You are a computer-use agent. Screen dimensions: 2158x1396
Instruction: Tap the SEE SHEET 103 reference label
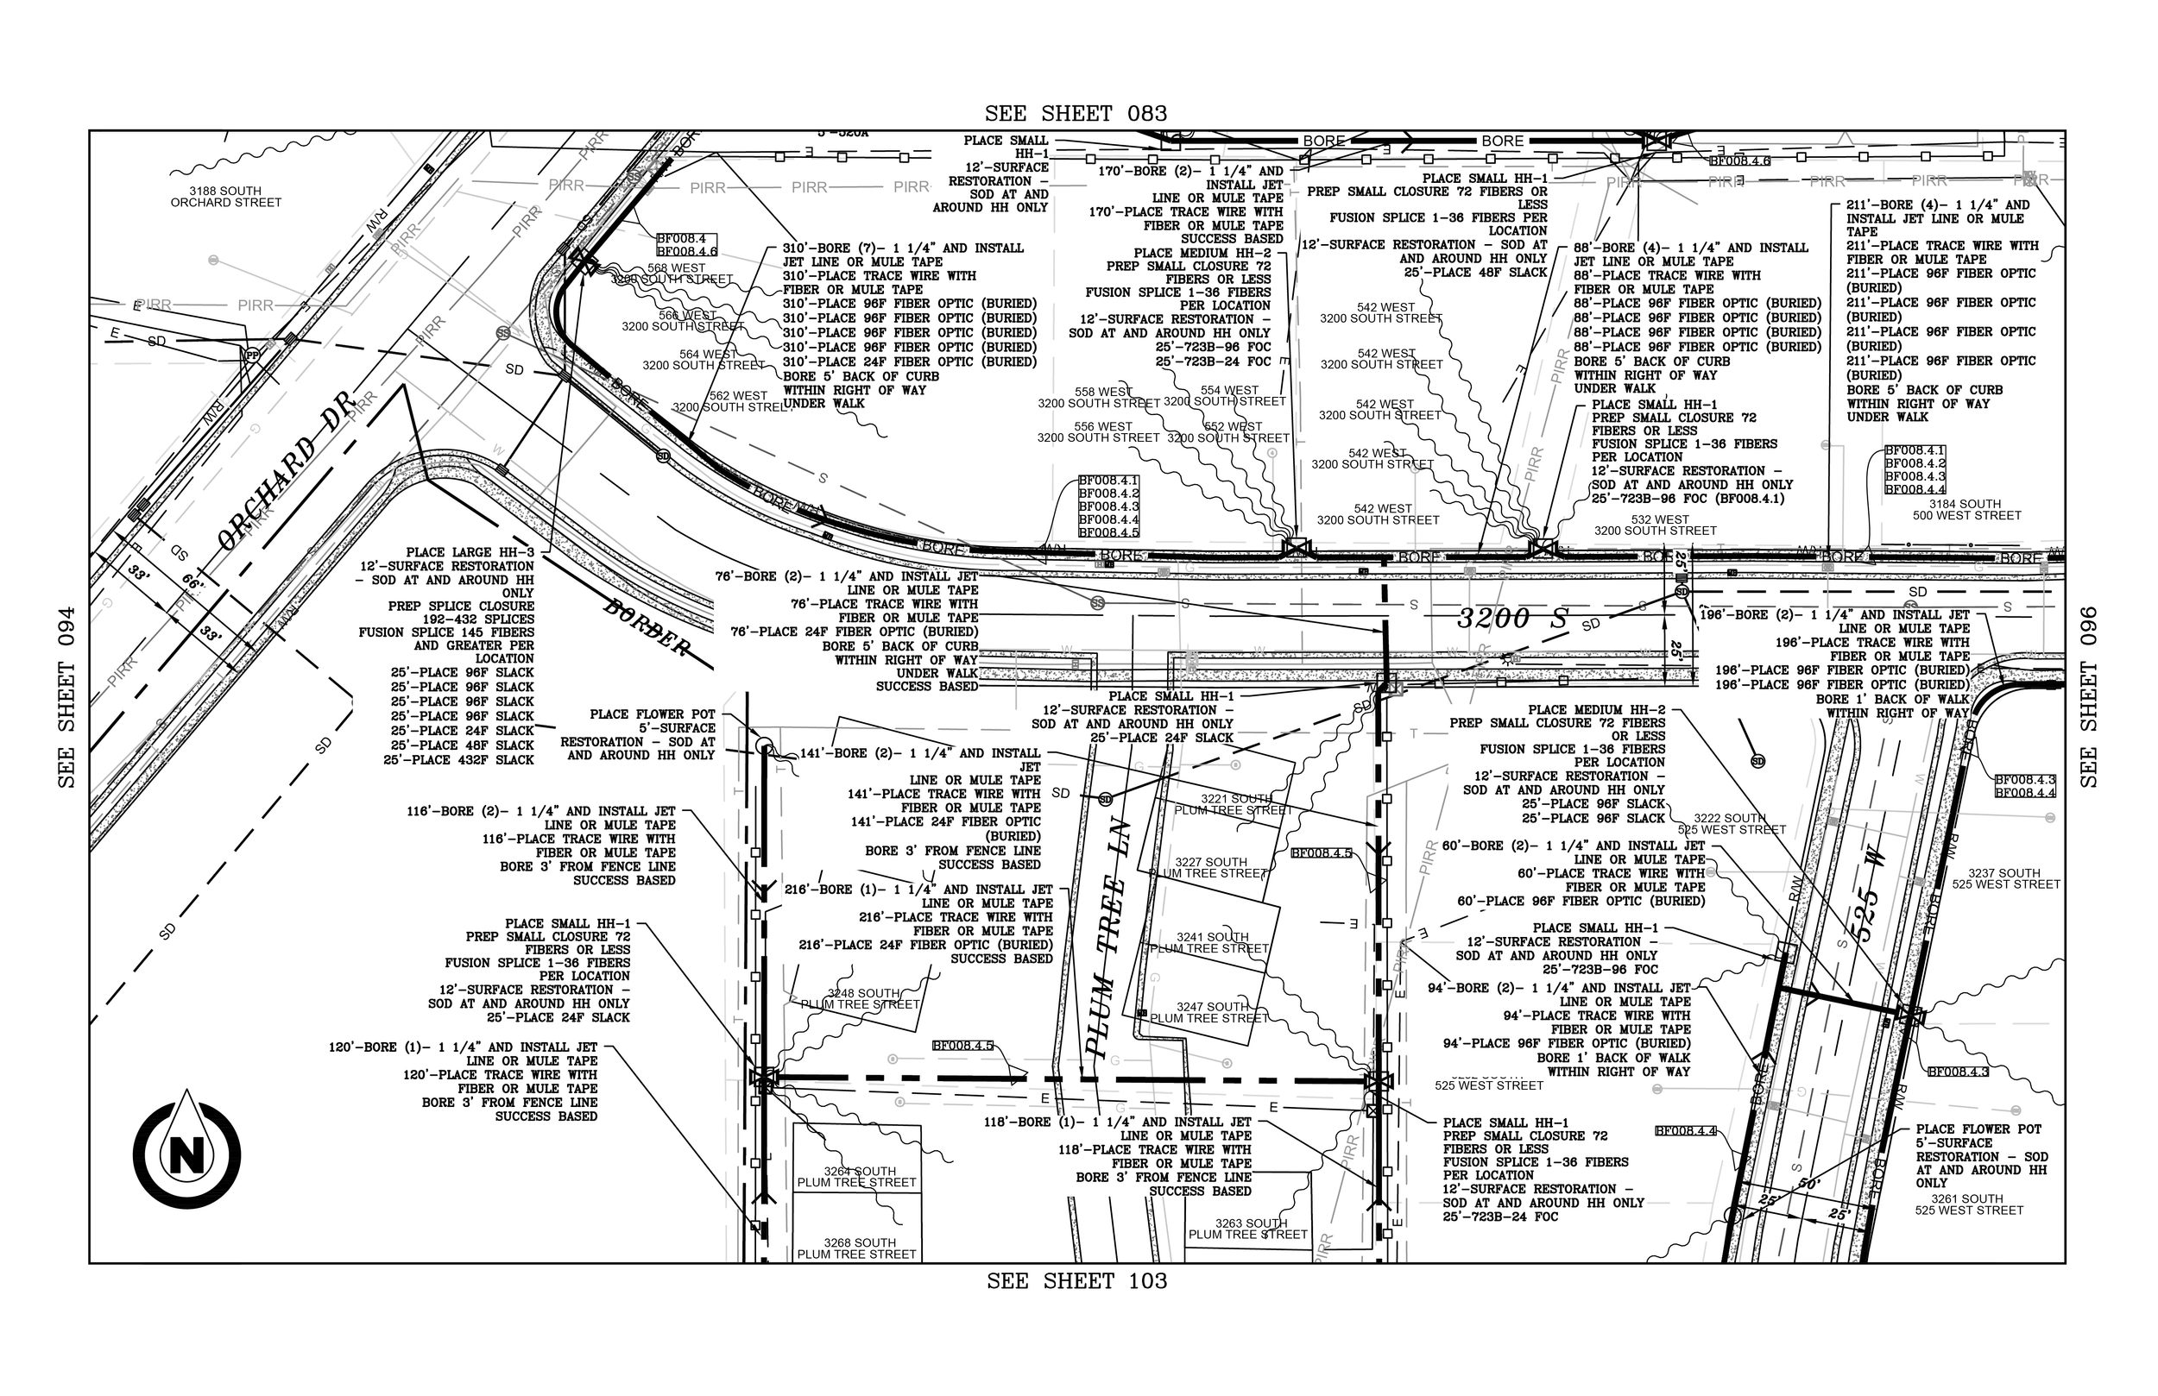(x=1076, y=1281)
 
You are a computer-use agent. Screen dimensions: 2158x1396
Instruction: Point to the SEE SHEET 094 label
(x=66, y=696)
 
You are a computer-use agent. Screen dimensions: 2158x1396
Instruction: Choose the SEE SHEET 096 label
(x=2089, y=696)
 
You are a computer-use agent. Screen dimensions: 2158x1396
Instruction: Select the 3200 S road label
(x=1512, y=619)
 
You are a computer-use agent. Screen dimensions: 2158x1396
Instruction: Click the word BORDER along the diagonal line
(x=647, y=626)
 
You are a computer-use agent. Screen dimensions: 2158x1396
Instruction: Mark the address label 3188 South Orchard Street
(x=226, y=197)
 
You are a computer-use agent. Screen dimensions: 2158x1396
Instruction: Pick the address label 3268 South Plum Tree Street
(x=857, y=1248)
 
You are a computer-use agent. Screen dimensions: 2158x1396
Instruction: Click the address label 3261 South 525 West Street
(x=1970, y=1204)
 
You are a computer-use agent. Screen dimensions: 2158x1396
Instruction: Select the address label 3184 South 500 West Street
(x=1965, y=509)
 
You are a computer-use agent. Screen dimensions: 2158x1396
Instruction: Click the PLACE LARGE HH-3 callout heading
(x=470, y=552)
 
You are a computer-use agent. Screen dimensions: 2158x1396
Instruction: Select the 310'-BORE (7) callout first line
(x=903, y=248)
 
